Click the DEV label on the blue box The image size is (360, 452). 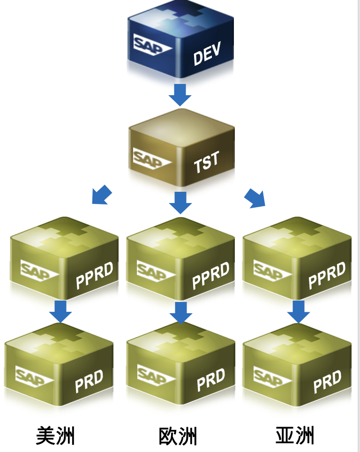click(x=207, y=55)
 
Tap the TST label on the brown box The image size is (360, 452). click(x=206, y=162)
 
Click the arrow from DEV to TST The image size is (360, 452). click(x=180, y=94)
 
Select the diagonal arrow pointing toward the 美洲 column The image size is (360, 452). click(x=102, y=195)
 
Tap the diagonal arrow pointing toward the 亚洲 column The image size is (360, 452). click(x=255, y=198)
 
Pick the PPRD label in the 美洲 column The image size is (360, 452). click(x=94, y=276)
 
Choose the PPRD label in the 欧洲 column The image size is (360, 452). click(x=210, y=276)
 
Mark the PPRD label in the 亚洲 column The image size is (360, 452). click(x=327, y=276)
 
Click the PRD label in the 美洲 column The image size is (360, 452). click(x=89, y=382)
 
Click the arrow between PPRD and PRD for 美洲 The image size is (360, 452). click(x=60, y=311)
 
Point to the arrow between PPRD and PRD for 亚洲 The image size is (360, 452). click(x=299, y=311)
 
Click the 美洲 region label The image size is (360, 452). click(x=55, y=436)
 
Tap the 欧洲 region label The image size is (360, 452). click(x=178, y=436)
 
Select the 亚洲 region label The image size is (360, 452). click(x=294, y=436)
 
